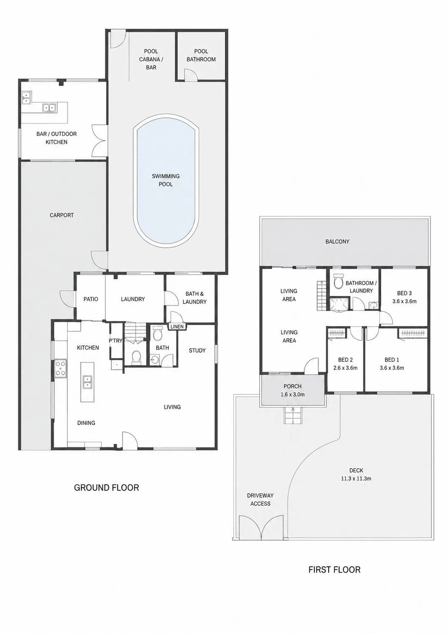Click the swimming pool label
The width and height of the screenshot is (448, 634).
(166, 180)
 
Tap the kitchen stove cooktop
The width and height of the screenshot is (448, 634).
(61, 368)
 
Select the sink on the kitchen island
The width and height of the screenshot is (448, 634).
(87, 382)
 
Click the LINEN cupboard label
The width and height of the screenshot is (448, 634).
(177, 327)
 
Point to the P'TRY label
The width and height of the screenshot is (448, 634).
(116, 341)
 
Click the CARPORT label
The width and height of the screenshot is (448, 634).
(62, 215)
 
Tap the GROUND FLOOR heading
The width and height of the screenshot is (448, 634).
(107, 488)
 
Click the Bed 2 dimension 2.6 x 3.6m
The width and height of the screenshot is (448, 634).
(346, 368)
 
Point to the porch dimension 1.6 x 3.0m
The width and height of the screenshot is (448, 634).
(293, 394)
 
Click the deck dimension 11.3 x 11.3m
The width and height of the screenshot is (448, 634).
(356, 478)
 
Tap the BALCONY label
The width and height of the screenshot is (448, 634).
(337, 241)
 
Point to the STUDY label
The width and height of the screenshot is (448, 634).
(197, 351)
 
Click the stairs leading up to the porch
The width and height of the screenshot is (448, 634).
(293, 415)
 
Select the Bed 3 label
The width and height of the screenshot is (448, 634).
(404, 293)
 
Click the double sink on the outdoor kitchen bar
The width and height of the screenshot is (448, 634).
(49, 108)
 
